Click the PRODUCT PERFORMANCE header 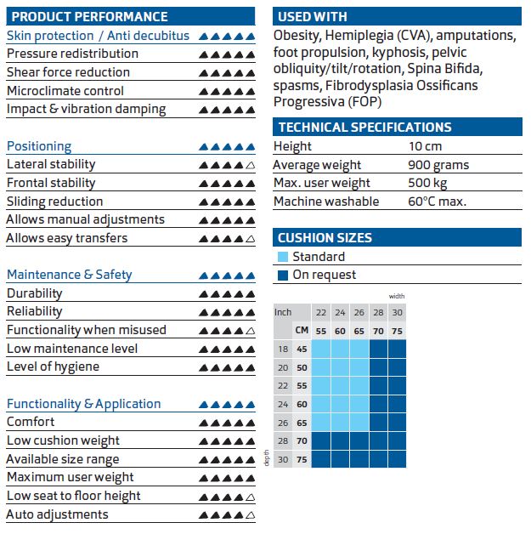point(90,16)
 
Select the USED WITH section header point(313,16)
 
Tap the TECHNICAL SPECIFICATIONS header point(364,128)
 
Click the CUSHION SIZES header point(325,238)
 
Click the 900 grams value point(438,165)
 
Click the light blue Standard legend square point(283,257)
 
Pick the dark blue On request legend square point(283,275)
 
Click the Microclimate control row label point(65,91)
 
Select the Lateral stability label point(51,164)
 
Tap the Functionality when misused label point(87,330)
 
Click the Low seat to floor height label point(74,496)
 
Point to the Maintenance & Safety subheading point(70,275)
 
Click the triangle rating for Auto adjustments point(227,514)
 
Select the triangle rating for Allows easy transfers point(227,239)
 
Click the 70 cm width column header point(377,329)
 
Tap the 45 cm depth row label point(302,348)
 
